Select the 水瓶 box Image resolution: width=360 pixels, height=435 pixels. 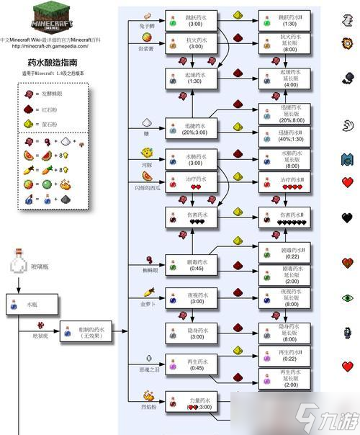click(28, 305)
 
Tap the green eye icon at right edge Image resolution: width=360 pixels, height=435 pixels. click(348, 296)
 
